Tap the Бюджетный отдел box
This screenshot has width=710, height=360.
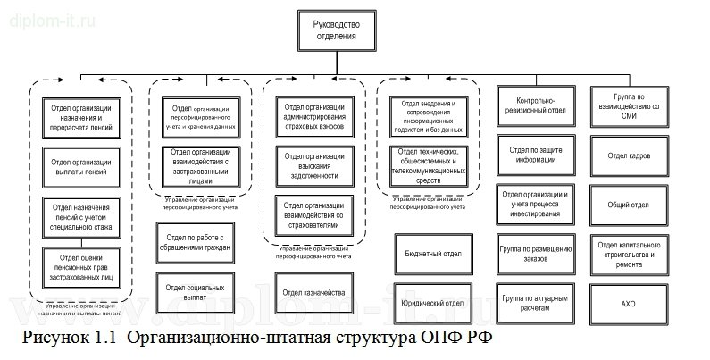click(431, 255)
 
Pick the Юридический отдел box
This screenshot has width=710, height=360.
click(431, 302)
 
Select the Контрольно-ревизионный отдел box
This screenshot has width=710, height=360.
click(532, 106)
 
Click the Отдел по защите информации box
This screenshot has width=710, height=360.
click(532, 155)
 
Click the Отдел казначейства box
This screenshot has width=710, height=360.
click(313, 292)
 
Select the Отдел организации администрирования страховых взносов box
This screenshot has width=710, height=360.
click(313, 115)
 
